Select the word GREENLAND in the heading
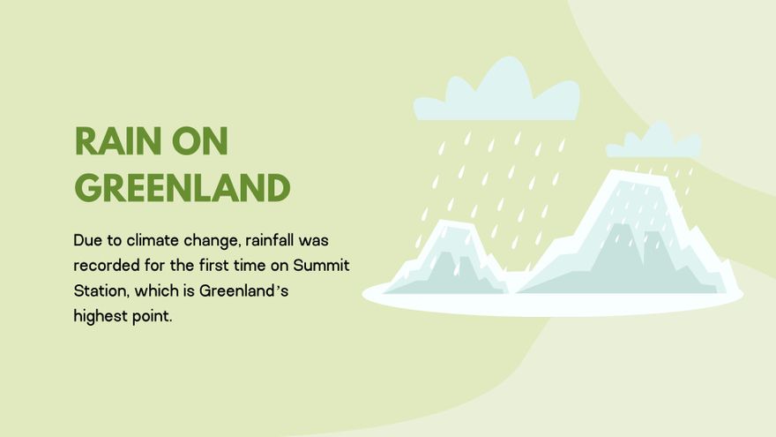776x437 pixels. tap(182, 188)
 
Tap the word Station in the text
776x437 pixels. tap(98, 290)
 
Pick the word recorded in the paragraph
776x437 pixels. tap(104, 265)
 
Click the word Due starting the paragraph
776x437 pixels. tap(87, 240)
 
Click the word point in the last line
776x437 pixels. tap(151, 315)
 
